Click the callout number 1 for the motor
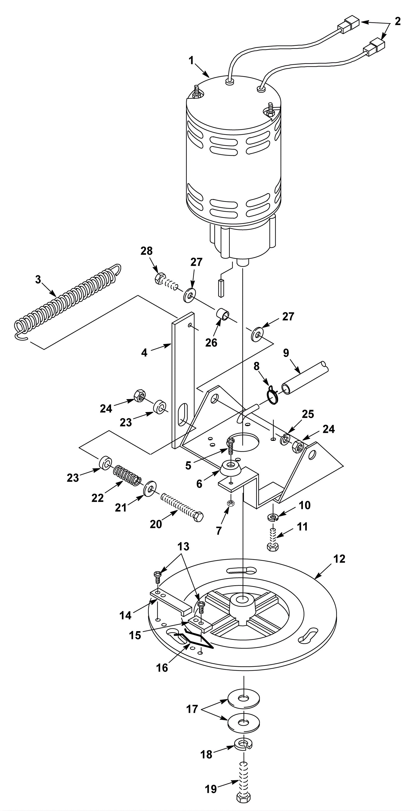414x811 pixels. click(x=191, y=61)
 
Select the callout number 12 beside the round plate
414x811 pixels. click(x=339, y=559)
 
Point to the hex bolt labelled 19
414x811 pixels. click(x=243, y=780)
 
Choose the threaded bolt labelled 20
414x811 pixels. click(x=182, y=507)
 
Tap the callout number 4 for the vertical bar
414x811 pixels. click(x=144, y=353)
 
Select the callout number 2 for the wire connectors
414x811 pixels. click(x=398, y=21)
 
